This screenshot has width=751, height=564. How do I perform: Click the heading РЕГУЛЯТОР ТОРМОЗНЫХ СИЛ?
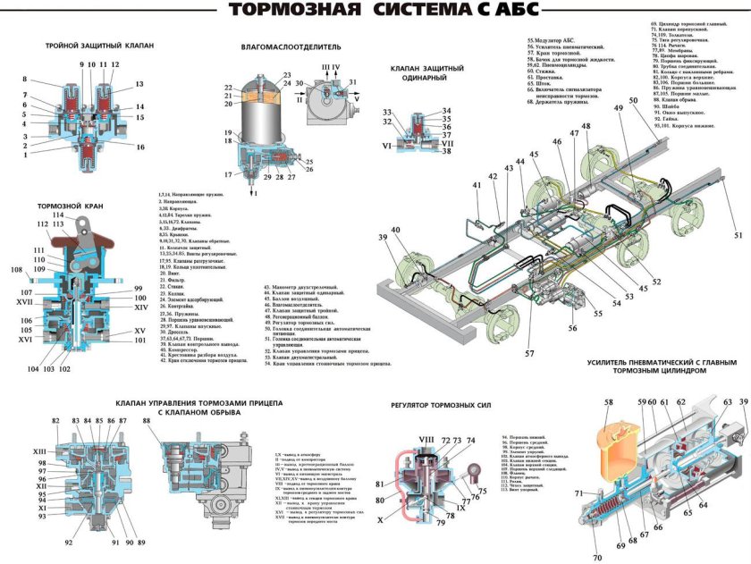pos(442,405)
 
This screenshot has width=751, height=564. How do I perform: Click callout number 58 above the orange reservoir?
pos(609,403)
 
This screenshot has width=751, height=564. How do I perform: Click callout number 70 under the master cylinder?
pos(597,559)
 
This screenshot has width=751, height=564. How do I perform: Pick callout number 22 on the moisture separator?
pos(229,87)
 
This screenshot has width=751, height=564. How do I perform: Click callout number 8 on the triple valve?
pos(25,80)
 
